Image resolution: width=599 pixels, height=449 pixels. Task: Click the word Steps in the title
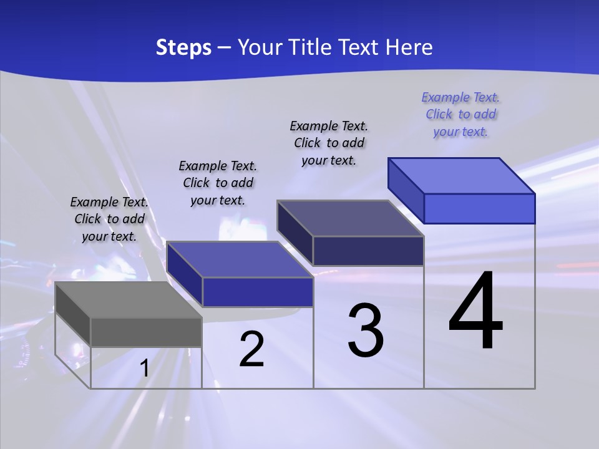(x=183, y=47)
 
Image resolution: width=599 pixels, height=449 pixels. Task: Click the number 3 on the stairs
(x=366, y=331)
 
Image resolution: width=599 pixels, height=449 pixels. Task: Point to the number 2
(x=251, y=349)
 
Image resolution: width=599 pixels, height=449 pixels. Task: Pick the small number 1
(x=144, y=369)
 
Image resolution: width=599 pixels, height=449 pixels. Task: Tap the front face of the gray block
(x=146, y=332)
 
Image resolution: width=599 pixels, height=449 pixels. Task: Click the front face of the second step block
(x=258, y=292)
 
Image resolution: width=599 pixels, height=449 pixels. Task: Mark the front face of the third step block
(x=368, y=251)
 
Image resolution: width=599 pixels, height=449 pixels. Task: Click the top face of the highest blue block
(x=461, y=176)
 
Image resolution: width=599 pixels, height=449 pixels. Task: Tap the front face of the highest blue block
(x=479, y=208)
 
